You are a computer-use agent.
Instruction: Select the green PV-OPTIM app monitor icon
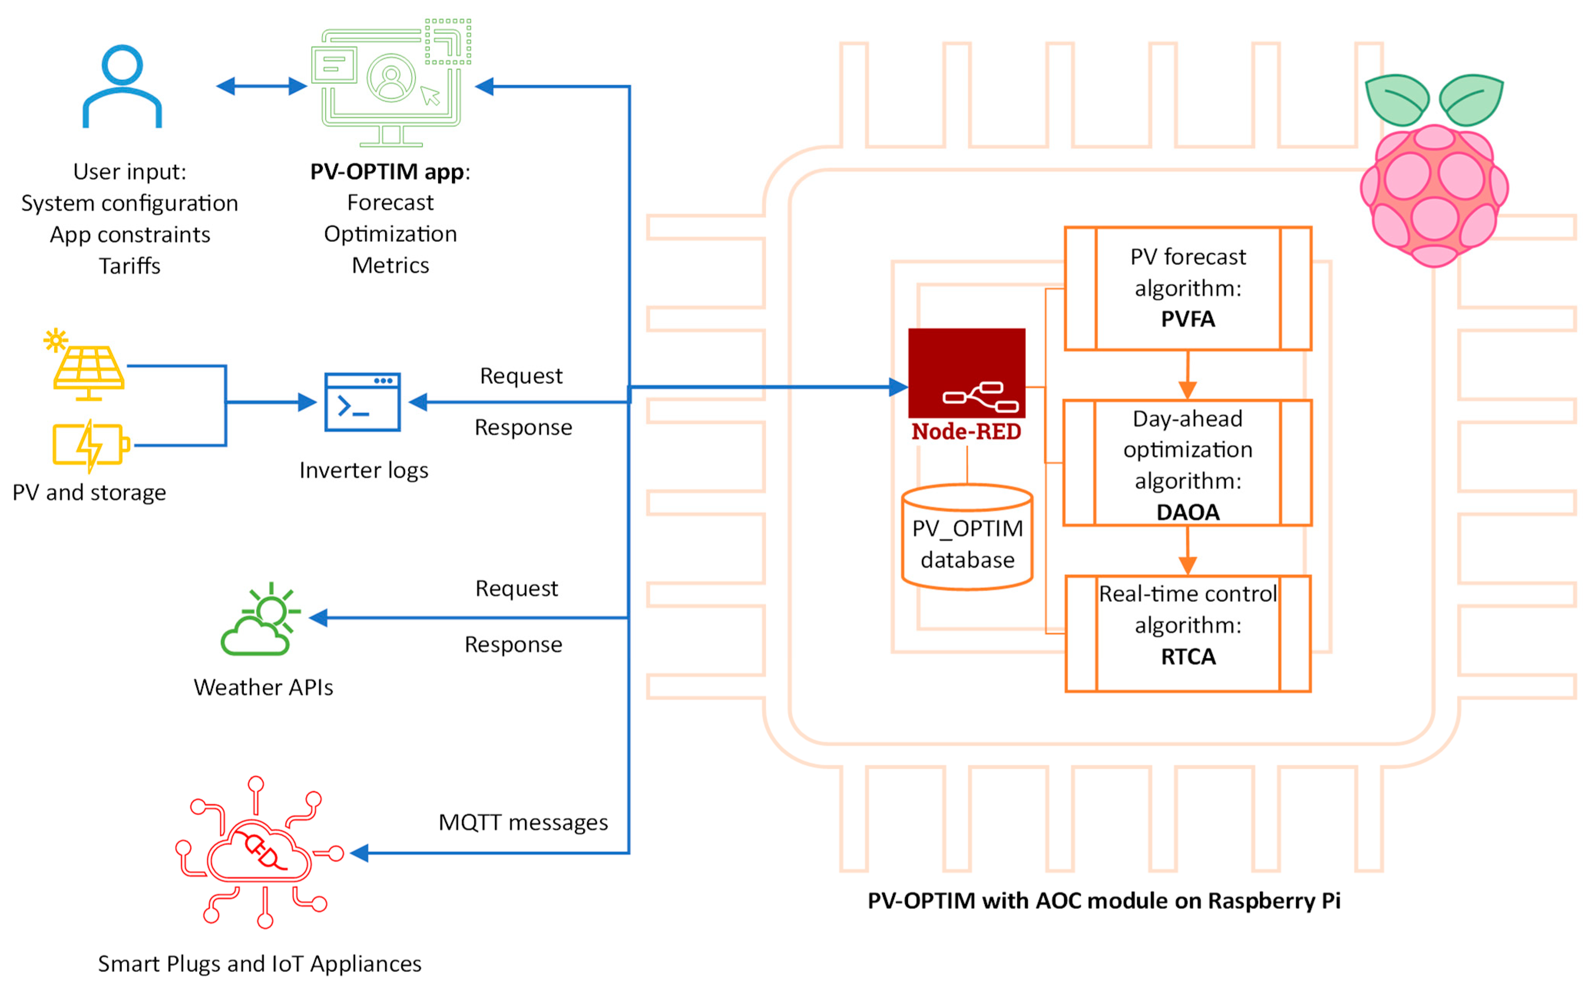pos(390,83)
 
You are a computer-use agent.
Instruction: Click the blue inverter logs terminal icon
pos(362,402)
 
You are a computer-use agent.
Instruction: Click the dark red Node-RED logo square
pos(966,373)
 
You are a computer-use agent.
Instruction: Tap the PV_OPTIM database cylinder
pos(967,537)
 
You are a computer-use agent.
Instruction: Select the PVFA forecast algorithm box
pos(1188,289)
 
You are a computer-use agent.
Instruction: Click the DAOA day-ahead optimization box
pos(1188,463)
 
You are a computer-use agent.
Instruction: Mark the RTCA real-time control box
pos(1188,633)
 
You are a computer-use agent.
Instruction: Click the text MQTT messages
pos(523,822)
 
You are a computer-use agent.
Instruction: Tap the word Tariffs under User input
pos(130,266)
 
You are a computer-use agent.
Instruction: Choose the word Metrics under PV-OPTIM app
pos(390,265)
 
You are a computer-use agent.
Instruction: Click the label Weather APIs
pos(263,688)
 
